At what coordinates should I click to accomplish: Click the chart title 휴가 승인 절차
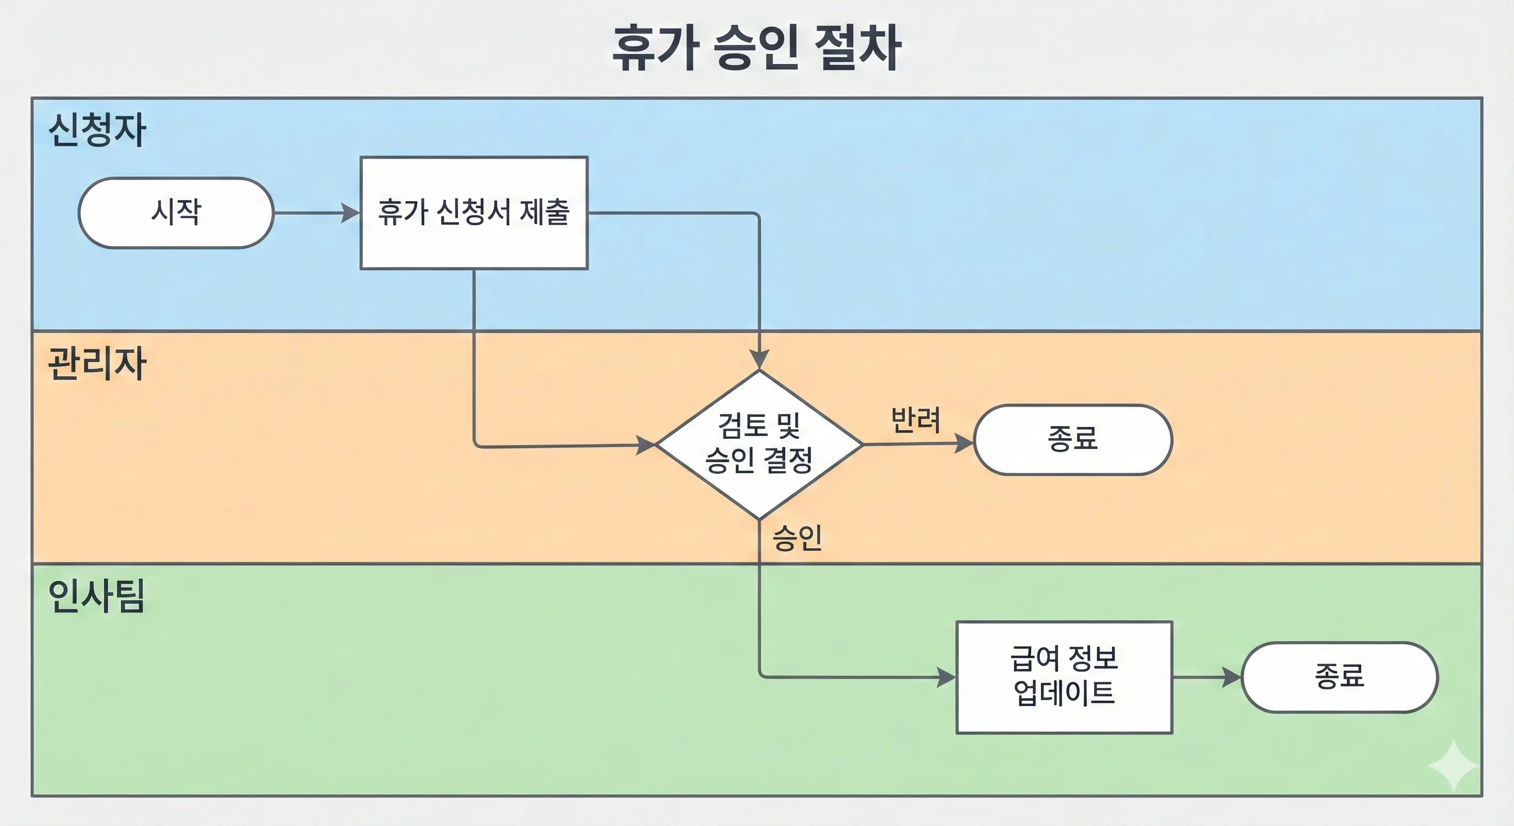[756, 48]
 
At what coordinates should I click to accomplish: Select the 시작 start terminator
[176, 213]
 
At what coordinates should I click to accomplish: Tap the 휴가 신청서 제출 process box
[474, 213]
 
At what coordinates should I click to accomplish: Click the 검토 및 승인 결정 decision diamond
[759, 444]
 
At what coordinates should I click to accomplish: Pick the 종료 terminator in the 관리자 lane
[1073, 439]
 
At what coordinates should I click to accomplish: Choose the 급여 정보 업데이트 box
[1064, 677]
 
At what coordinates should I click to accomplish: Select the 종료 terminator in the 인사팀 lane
[1339, 677]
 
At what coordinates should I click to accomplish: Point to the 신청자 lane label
[97, 130]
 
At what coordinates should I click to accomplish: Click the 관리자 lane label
[97, 364]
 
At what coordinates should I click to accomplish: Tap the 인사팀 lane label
[97, 596]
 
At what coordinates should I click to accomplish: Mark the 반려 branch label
[916, 420]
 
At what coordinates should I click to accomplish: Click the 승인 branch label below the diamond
[797, 538]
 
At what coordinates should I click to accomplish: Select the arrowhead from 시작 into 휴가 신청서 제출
[351, 213]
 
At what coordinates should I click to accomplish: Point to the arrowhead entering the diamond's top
[759, 359]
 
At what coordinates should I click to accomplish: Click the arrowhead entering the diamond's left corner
[646, 445]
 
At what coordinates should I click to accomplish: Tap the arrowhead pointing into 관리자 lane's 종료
[964, 443]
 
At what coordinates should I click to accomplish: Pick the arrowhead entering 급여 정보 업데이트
[946, 677]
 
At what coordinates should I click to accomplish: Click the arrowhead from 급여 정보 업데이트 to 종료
[1231, 677]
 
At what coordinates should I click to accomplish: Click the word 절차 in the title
[858, 48]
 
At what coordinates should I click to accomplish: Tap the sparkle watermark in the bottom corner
[1453, 765]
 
